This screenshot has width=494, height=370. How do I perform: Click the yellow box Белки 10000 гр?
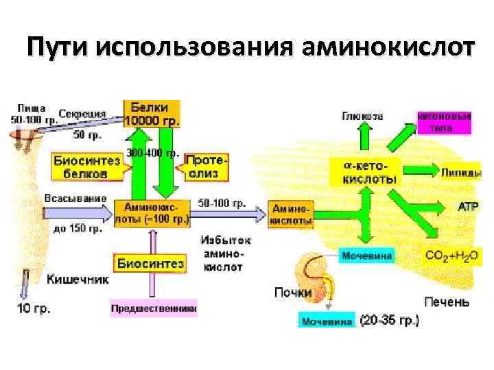(152, 114)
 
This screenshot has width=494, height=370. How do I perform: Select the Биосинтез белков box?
(86, 167)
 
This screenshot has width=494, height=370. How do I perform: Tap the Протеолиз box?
(206, 166)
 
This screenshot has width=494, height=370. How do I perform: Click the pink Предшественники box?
(154, 309)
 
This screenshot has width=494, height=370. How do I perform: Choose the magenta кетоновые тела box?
(445, 123)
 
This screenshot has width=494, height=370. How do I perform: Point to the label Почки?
(294, 293)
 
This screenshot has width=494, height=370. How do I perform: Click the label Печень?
(447, 301)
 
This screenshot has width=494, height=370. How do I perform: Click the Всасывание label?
(75, 199)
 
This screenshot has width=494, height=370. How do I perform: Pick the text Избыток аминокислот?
(225, 254)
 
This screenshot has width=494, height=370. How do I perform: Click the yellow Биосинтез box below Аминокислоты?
(150, 263)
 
